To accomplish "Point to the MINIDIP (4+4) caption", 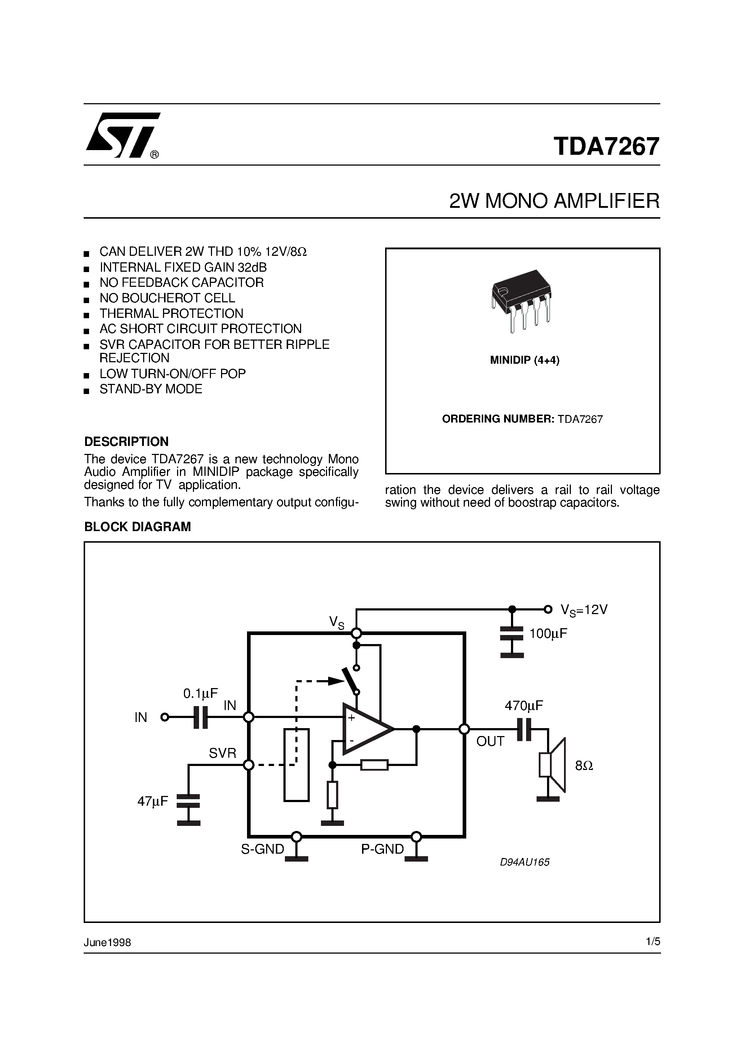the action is pos(525,360).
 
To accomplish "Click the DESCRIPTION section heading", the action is pos(126,442).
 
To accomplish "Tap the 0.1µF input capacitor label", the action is pos(201,693).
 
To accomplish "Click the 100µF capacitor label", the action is pos(548,634).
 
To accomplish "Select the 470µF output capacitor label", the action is pos(524,705).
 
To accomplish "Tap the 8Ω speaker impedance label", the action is pos(584,766).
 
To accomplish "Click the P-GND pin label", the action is pos(382,849).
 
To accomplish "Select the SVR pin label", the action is pos(222,753).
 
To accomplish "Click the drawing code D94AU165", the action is pos(525,862).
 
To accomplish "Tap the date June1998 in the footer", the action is pos(107,943).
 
